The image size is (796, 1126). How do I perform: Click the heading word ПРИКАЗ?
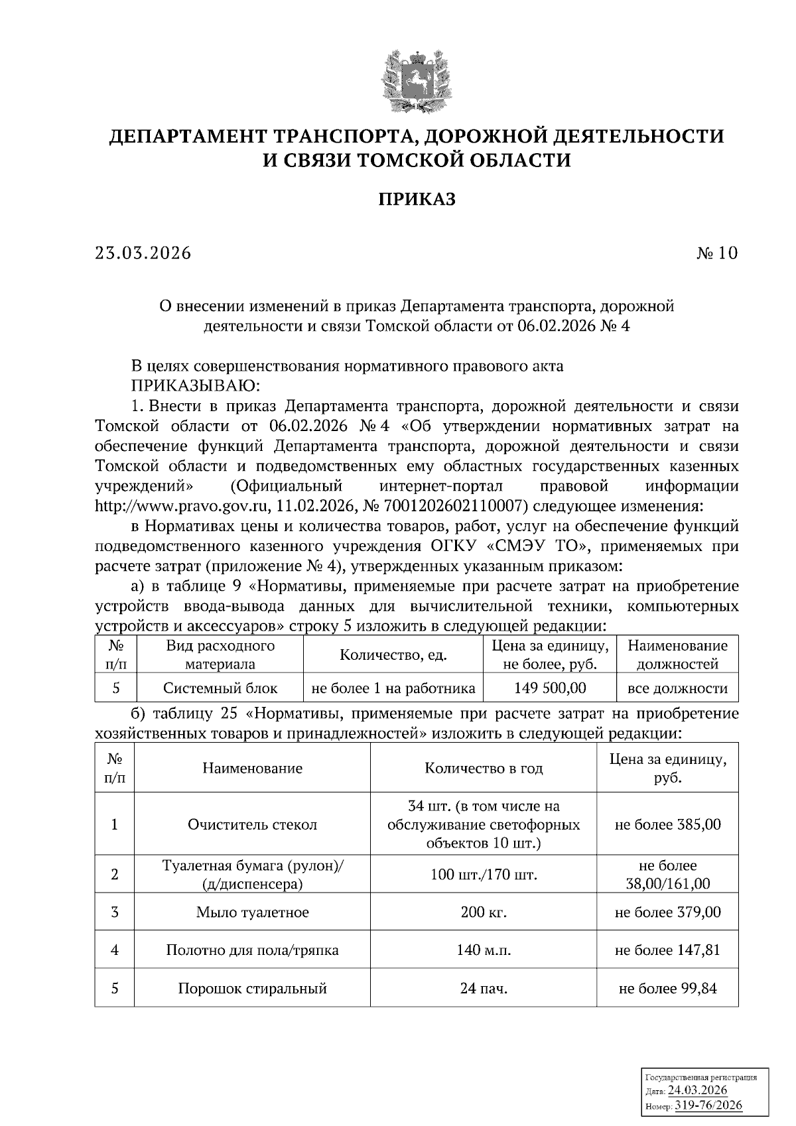coord(417,199)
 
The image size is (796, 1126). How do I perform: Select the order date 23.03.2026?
coord(143,253)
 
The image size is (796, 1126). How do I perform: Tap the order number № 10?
coord(716,253)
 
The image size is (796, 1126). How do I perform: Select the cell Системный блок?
coord(220,688)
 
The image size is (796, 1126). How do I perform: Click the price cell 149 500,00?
coord(550,688)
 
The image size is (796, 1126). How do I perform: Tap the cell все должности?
coord(677,688)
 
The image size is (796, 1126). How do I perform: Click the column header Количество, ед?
coord(393,655)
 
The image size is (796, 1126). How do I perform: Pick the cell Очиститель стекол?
coord(252,825)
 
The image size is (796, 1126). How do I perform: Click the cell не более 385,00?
coord(667,825)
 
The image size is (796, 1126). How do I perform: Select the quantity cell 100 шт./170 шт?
coord(484,875)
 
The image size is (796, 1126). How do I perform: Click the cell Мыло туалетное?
coord(252,912)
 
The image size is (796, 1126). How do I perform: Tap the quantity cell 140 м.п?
coord(484,950)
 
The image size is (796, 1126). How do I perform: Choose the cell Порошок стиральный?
coord(252,989)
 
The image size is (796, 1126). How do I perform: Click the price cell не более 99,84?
coord(667,989)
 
